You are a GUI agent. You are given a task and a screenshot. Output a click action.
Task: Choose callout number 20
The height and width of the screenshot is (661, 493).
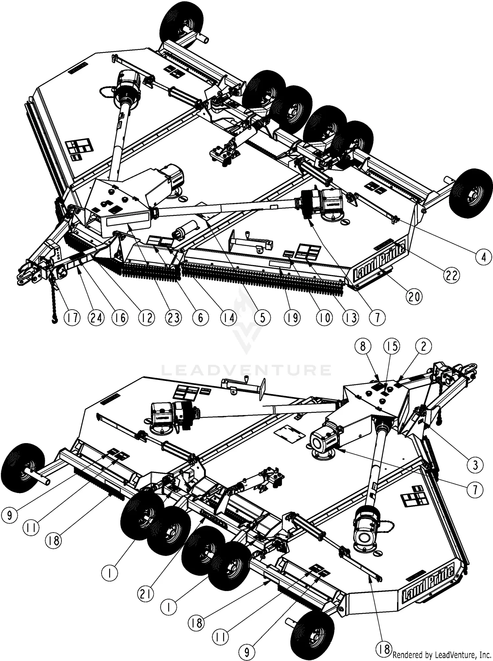(414, 296)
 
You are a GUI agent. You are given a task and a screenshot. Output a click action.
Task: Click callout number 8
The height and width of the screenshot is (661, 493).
(363, 346)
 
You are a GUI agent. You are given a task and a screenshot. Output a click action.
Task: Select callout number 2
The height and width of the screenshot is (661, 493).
(423, 346)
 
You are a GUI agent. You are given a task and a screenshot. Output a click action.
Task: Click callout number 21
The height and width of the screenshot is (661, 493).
(145, 593)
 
